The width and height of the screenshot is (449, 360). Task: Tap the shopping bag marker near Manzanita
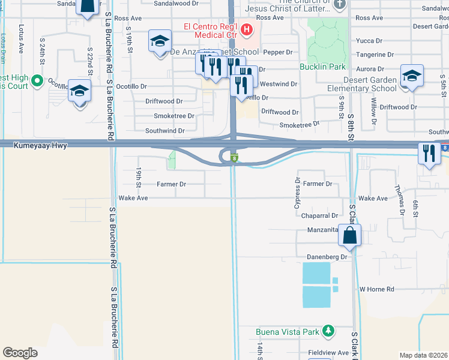[350, 236]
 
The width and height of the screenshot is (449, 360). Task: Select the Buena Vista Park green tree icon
[328, 331]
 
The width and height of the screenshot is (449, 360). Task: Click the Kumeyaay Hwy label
[43, 145]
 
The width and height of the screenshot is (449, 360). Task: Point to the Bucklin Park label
[323, 67]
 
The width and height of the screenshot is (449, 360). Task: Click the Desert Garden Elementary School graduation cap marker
[411, 76]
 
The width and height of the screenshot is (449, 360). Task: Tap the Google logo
[20, 353]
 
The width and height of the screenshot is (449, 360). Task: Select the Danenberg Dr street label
[328, 257]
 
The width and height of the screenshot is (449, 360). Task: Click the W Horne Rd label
[376, 289]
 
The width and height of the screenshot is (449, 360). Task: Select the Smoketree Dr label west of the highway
[174, 116]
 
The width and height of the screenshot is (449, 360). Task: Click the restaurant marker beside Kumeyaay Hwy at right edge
[429, 154]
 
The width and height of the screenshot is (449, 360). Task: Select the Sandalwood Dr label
[160, 3]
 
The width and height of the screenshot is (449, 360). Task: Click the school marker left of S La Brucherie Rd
[79, 92]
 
